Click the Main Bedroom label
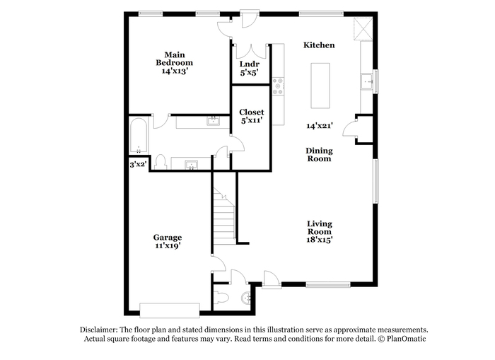(174, 59)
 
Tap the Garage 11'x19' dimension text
(168, 245)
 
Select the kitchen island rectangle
(320, 86)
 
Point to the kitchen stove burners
(278, 86)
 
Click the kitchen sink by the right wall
(367, 82)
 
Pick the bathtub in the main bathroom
(139, 136)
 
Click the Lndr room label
(250, 64)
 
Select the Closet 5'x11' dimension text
(252, 120)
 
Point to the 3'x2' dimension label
(139, 164)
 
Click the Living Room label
(320, 228)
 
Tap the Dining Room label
(319, 154)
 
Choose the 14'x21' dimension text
(320, 126)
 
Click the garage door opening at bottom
(170, 310)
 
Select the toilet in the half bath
(221, 298)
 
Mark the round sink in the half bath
(246, 298)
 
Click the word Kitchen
(319, 45)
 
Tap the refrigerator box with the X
(363, 29)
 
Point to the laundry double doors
(252, 52)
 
